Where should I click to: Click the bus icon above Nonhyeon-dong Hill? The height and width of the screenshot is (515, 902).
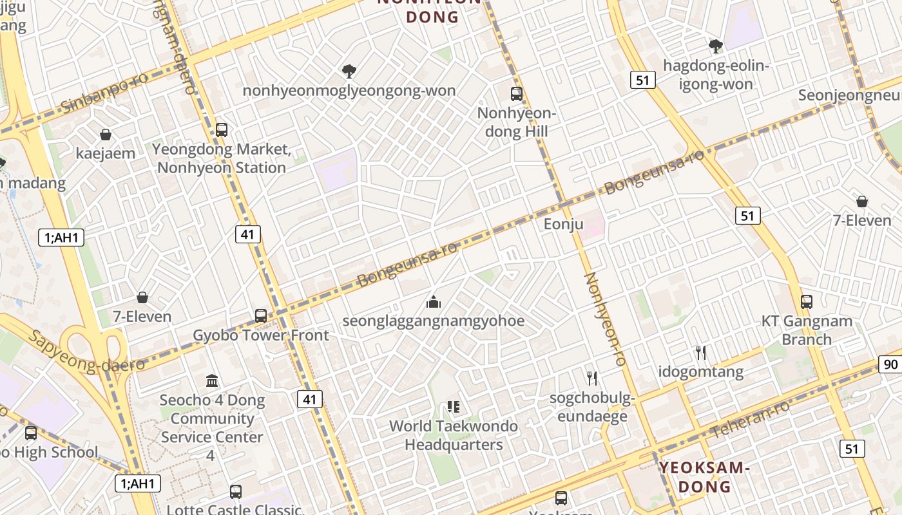pyautogui.click(x=516, y=94)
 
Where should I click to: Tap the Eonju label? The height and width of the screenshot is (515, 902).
pyautogui.click(x=563, y=224)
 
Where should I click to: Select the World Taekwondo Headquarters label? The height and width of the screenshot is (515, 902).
pyautogui.click(x=454, y=435)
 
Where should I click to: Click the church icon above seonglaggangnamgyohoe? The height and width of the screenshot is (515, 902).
pyautogui.click(x=434, y=301)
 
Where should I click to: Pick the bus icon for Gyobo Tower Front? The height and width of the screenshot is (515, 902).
pyautogui.click(x=261, y=316)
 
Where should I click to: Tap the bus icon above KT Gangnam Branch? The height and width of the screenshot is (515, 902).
pyautogui.click(x=807, y=301)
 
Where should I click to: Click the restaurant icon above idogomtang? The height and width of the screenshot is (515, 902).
pyautogui.click(x=701, y=352)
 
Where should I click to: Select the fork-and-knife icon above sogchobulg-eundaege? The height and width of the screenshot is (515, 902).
pyautogui.click(x=592, y=378)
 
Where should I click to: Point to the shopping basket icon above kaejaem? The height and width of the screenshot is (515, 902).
pyautogui.click(x=106, y=135)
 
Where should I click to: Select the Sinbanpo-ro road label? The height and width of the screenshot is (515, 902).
pyautogui.click(x=104, y=93)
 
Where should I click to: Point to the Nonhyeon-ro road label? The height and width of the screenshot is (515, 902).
pyautogui.click(x=604, y=319)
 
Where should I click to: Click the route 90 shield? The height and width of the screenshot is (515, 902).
pyautogui.click(x=890, y=364)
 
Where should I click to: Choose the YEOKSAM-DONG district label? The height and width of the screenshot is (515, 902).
pyautogui.click(x=704, y=476)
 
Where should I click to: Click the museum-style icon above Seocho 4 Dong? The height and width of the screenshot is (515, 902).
pyautogui.click(x=212, y=380)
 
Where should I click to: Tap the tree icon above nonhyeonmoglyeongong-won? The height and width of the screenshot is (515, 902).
pyautogui.click(x=349, y=71)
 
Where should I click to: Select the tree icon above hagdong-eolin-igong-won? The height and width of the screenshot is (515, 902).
pyautogui.click(x=715, y=46)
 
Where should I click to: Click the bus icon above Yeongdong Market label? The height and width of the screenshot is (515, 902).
pyautogui.click(x=222, y=129)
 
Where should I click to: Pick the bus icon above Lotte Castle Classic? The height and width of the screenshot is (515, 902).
pyautogui.click(x=236, y=492)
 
